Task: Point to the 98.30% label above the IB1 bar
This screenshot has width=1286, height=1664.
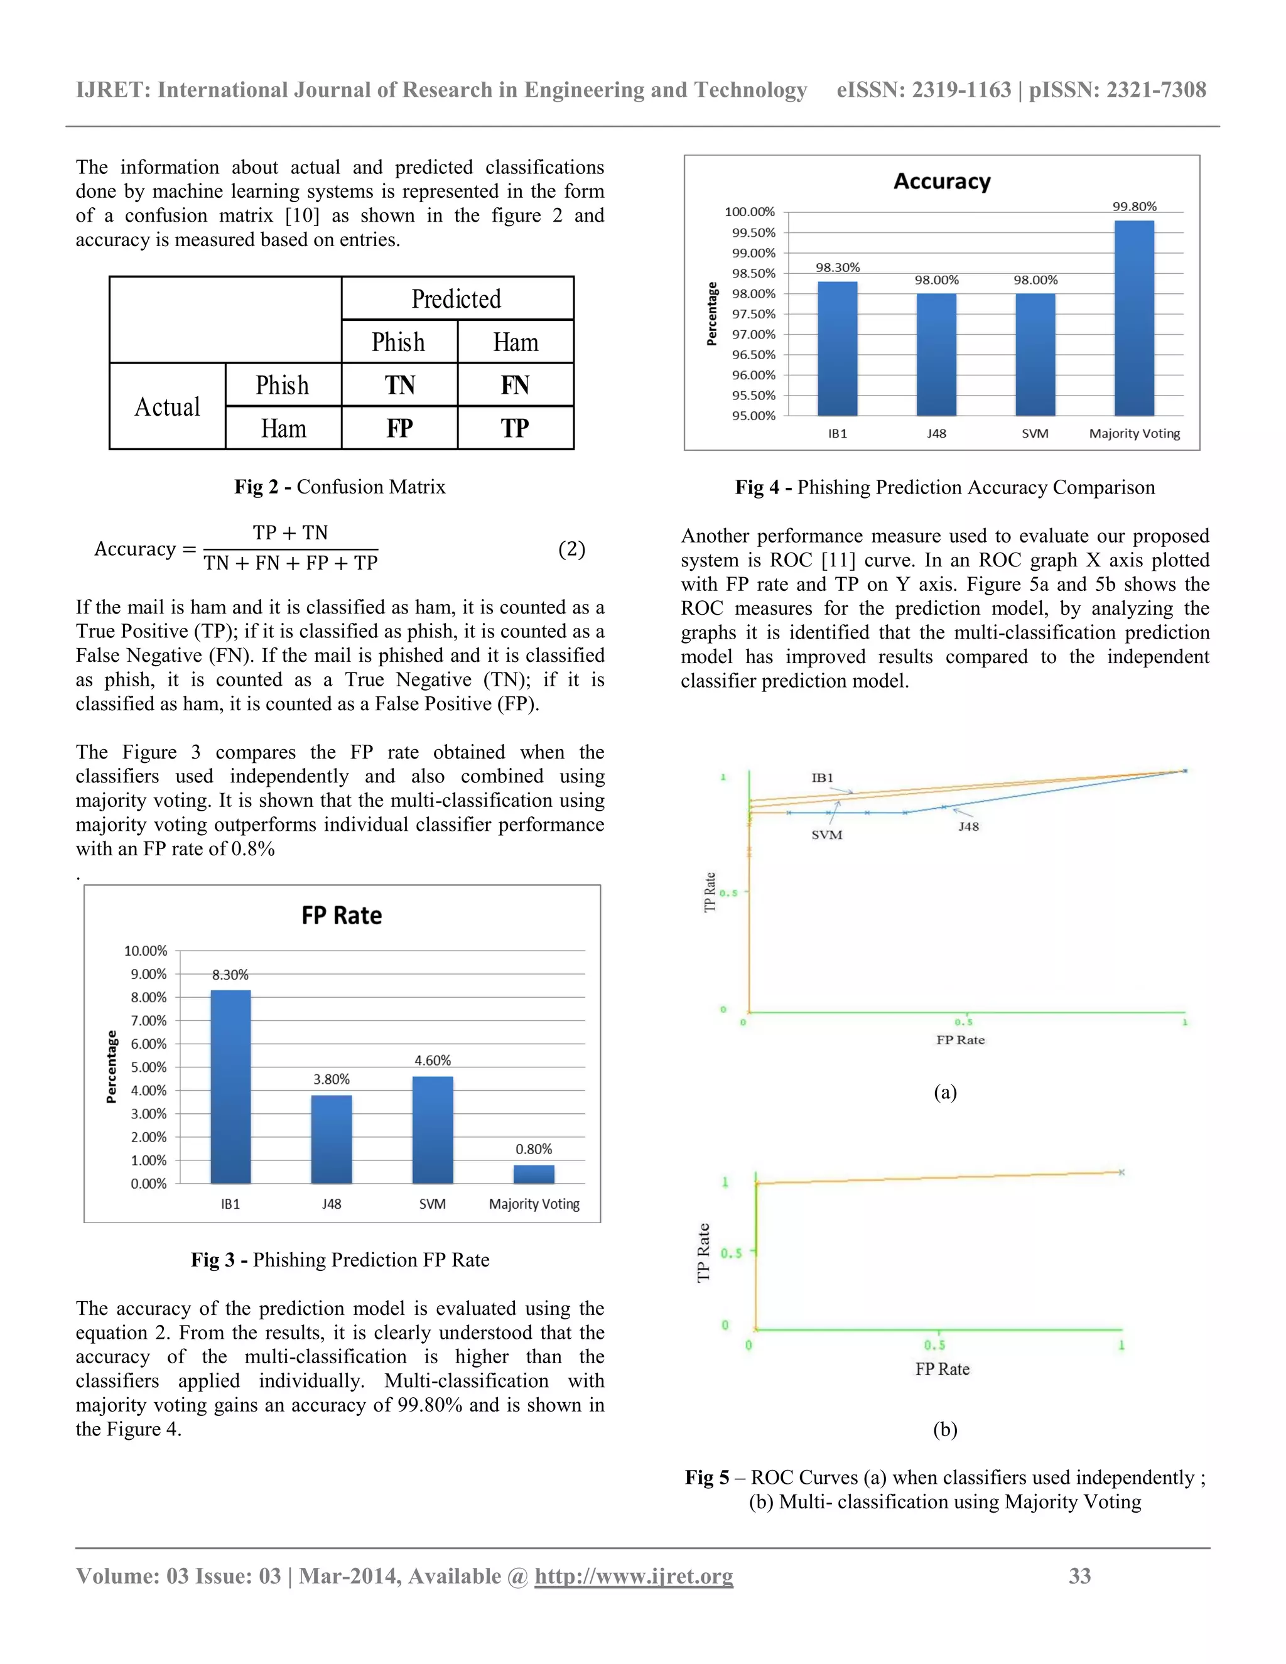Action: click(837, 267)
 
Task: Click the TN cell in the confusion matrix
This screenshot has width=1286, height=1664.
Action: click(399, 385)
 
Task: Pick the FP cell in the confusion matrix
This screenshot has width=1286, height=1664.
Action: click(399, 428)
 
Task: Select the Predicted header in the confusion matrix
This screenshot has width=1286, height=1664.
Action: click(457, 299)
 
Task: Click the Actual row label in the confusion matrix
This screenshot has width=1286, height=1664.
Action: click(167, 407)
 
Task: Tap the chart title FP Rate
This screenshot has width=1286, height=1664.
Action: click(342, 915)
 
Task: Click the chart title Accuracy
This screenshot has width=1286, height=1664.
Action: click(942, 181)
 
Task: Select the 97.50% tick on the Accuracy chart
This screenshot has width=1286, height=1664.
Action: click(753, 314)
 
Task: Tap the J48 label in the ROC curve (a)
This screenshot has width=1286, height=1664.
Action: click(968, 827)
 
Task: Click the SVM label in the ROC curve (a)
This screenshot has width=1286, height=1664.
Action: click(826, 835)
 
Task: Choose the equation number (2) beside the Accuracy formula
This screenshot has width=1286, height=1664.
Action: click(571, 549)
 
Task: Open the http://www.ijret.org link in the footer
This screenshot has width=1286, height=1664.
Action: click(633, 1575)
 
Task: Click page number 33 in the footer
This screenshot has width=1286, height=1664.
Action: click(1079, 1575)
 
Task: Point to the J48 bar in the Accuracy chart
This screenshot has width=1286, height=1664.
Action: click(936, 354)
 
